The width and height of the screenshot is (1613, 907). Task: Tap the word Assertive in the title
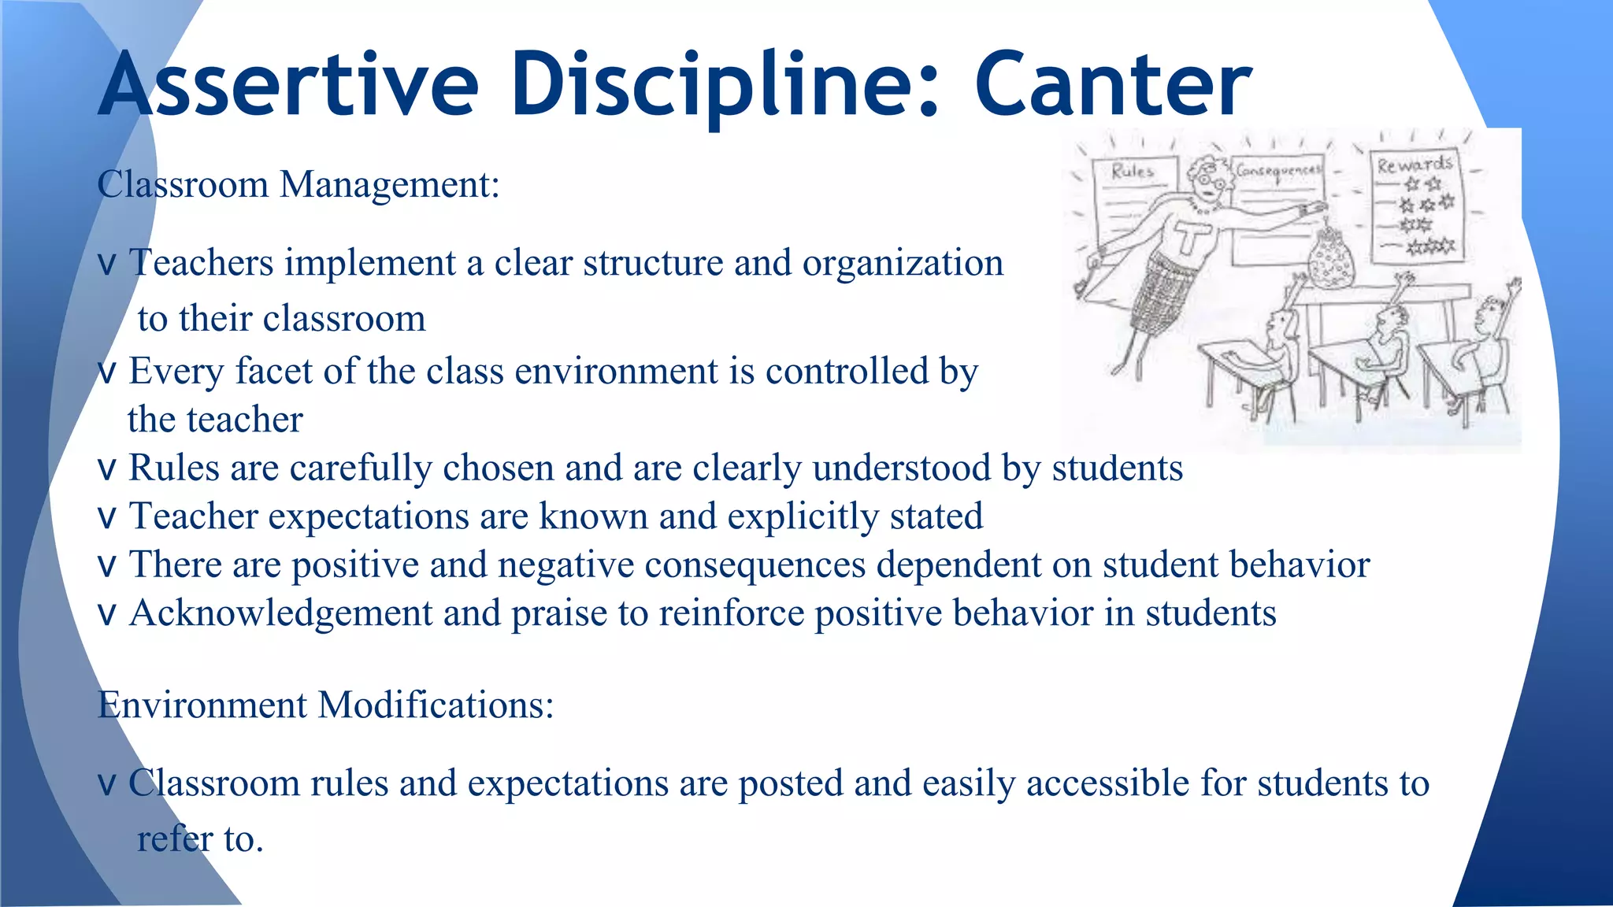(288, 85)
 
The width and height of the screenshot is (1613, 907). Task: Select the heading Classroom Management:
(298, 185)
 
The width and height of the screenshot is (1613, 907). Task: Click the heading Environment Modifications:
(325, 705)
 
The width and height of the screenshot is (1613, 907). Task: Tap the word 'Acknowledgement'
(280, 614)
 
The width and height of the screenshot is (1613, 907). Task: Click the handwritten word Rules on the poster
(1133, 171)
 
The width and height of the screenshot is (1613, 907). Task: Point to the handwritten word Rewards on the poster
(1415, 165)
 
